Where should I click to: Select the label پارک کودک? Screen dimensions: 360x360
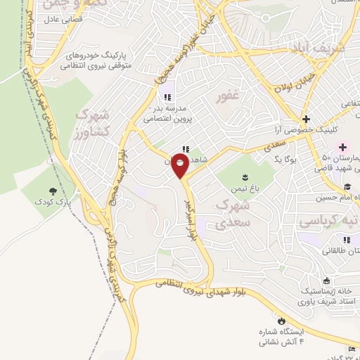(54, 201)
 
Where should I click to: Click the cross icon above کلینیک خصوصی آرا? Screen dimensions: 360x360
(306, 119)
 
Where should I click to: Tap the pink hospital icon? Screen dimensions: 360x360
(343, 147)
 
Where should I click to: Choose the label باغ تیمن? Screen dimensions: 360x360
(245, 188)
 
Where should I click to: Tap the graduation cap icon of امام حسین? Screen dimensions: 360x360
(347, 187)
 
